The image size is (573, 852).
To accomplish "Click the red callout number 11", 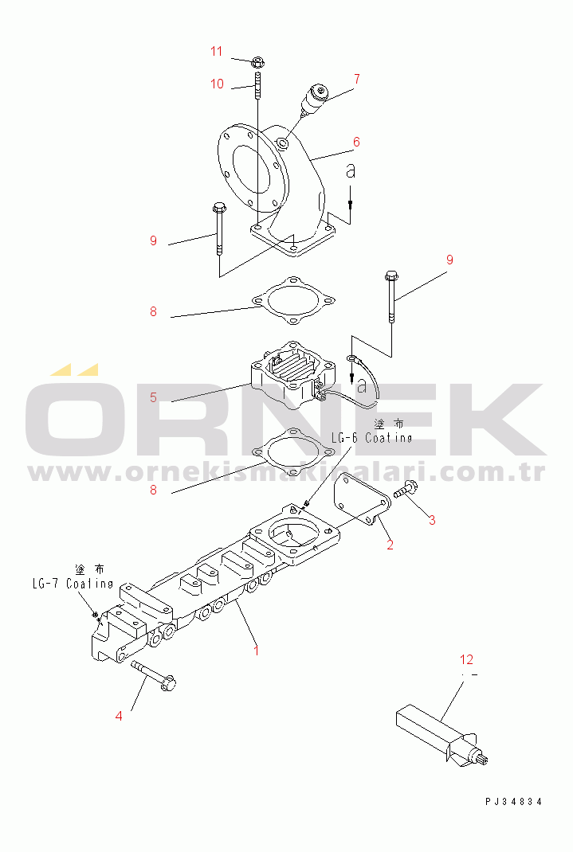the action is (217, 51).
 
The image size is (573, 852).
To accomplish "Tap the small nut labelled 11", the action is (257, 61).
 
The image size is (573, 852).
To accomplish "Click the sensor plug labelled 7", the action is (312, 101).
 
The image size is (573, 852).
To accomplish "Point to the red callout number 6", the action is (356, 142).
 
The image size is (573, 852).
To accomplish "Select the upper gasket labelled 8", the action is (293, 300).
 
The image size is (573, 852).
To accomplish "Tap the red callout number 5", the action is (153, 397).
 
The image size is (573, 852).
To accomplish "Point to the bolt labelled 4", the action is (153, 674).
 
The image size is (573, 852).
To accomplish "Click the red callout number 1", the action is (257, 650).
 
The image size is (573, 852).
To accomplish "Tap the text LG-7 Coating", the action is (73, 584).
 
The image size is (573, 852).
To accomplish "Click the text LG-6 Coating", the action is (372, 438).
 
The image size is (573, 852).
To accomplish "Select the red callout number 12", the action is (466, 659).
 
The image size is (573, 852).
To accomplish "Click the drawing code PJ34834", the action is (514, 801).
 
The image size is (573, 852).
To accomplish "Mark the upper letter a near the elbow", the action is (351, 170).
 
